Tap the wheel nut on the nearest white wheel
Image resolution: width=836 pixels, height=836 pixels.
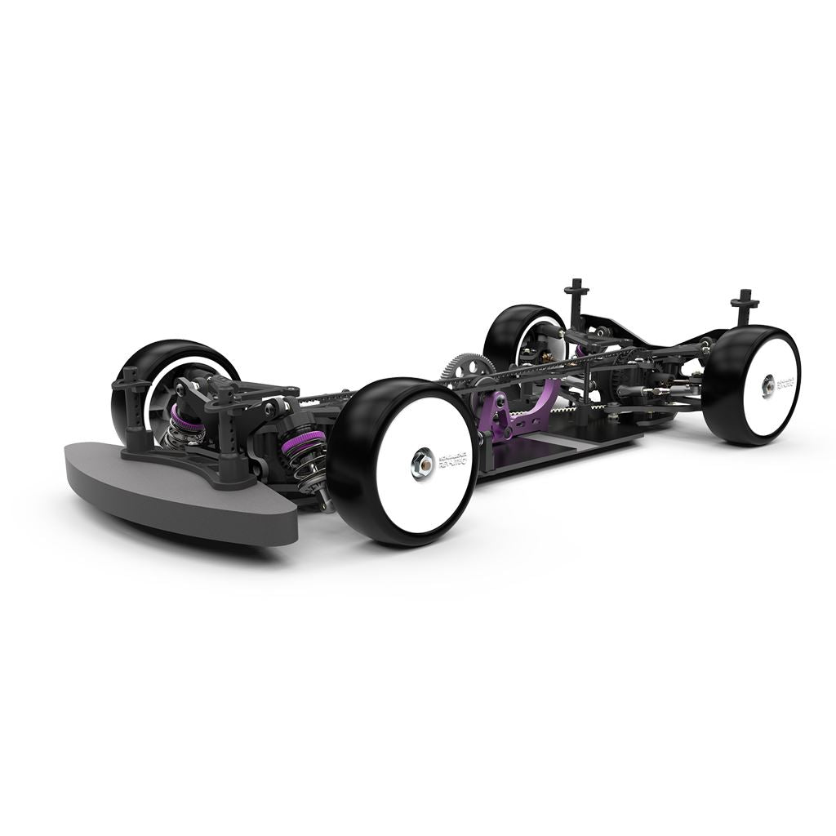pos(422,465)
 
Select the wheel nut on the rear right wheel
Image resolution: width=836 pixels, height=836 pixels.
pos(769,385)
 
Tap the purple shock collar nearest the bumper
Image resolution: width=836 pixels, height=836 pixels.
pos(186,422)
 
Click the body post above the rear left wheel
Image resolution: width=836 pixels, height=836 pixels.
pos(576,294)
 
